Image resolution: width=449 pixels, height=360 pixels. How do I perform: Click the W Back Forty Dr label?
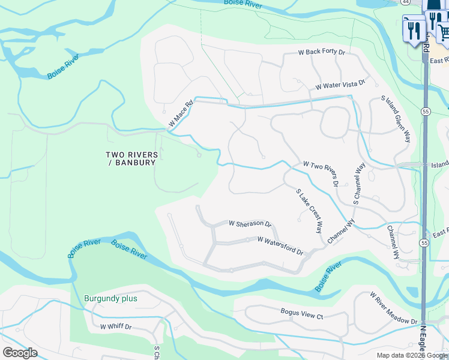click(322, 53)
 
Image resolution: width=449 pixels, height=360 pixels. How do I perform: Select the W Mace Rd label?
click(180, 113)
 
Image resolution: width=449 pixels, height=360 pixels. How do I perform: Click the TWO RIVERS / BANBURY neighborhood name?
click(132, 158)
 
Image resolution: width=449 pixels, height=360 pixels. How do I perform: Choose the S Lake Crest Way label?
click(310, 211)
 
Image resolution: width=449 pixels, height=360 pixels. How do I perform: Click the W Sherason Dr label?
click(250, 223)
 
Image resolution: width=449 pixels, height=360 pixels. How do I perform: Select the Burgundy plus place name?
click(110, 298)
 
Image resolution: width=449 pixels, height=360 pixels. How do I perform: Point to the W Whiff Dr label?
click(115, 327)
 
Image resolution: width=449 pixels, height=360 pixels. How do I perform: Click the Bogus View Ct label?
click(302, 313)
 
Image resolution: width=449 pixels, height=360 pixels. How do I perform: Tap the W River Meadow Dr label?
click(394, 309)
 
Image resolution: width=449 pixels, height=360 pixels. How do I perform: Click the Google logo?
click(20, 353)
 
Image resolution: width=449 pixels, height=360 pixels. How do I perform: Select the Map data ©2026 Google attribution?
click(412, 355)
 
